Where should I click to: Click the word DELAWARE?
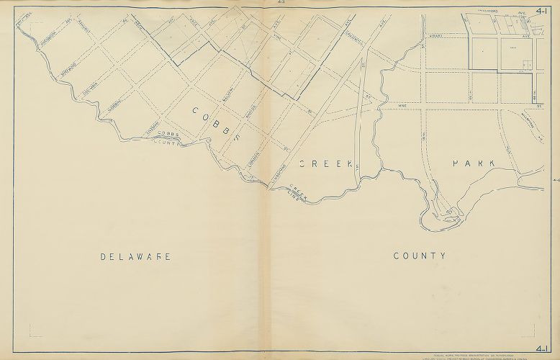pyautogui.click(x=135, y=256)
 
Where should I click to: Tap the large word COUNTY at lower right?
pyautogui.click(x=420, y=256)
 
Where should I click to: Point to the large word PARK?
pyautogui.click(x=473, y=163)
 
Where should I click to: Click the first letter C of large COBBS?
pyautogui.click(x=195, y=110)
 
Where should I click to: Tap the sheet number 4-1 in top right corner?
pyautogui.click(x=543, y=10)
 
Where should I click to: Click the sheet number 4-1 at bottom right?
pyautogui.click(x=543, y=349)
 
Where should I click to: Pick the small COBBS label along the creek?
pyautogui.click(x=166, y=135)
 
